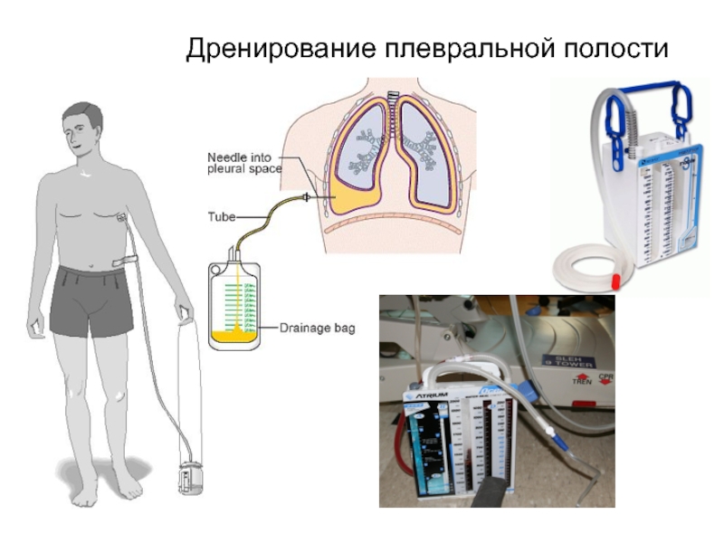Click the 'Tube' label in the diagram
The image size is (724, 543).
click(222, 216)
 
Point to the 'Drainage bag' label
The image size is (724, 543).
click(317, 329)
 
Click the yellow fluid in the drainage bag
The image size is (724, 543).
click(234, 338)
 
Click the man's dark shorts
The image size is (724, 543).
click(90, 300)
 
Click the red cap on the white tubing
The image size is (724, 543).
click(613, 274)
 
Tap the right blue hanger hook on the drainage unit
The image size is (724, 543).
click(681, 108)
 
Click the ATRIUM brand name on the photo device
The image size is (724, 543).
click(425, 395)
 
